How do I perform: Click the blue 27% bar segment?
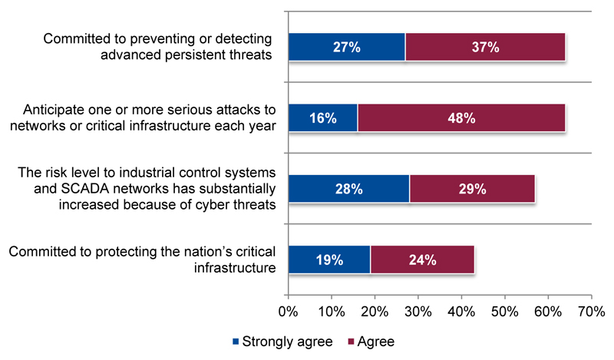point(346,47)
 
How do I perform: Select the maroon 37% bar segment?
point(485,47)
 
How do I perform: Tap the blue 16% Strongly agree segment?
point(322,117)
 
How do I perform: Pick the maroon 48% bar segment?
point(461,117)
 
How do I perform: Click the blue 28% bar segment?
point(348,188)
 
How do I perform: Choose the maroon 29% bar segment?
point(472,188)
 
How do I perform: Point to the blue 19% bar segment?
point(328,259)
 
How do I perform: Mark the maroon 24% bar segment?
point(422,259)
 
